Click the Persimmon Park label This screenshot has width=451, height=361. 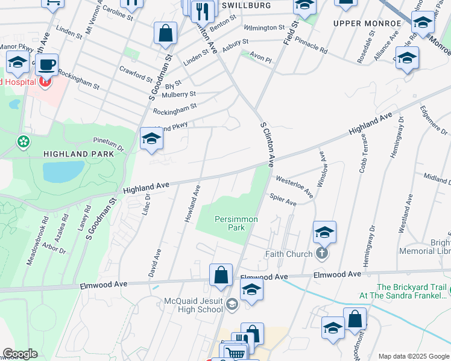(236, 223)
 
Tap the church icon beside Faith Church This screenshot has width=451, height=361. (322, 253)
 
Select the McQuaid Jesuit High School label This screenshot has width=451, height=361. (194, 305)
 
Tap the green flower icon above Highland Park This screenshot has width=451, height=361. (24, 142)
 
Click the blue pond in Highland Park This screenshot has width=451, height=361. (63, 171)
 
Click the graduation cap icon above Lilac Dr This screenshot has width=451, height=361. (151, 138)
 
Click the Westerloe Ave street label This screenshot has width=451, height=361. (294, 186)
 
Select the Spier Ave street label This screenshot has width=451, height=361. (283, 199)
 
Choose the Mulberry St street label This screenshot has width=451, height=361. (175, 94)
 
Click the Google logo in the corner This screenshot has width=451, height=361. (19, 354)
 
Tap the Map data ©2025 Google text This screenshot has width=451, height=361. (413, 356)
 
